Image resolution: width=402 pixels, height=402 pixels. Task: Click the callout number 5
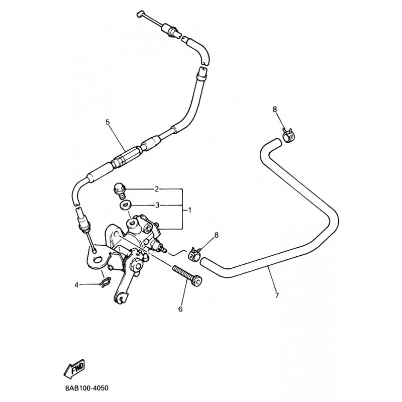[x=108, y=122]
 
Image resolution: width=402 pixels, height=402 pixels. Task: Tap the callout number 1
[x=190, y=211]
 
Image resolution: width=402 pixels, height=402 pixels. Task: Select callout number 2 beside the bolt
[x=157, y=189]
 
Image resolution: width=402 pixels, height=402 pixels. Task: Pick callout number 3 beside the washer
[x=157, y=206]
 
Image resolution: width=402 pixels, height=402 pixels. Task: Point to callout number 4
[x=76, y=285]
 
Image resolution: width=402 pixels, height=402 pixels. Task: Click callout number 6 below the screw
[x=180, y=310]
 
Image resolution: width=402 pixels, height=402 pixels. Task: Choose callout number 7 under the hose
[x=277, y=295]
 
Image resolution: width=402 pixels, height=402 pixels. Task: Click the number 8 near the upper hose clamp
[x=275, y=110]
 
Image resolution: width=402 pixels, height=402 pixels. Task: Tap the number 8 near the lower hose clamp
[x=217, y=235]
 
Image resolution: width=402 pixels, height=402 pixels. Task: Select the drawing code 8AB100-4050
[x=86, y=388]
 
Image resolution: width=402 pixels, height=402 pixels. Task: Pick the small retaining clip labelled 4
[x=105, y=283]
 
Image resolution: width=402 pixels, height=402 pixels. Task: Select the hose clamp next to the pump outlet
[x=195, y=253]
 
